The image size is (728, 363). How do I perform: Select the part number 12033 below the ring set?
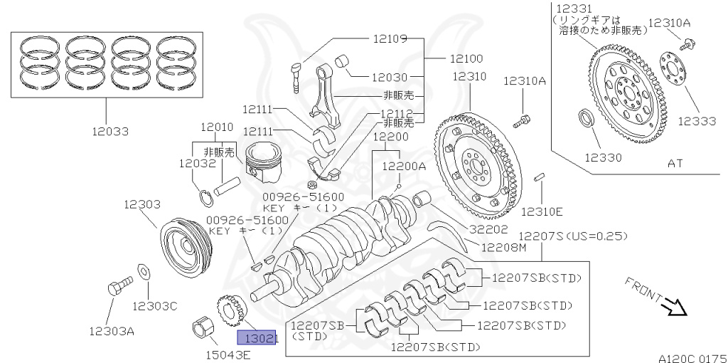[109, 132]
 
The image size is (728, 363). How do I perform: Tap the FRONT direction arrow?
[671, 305]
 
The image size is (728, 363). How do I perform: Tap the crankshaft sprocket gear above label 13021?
[230, 311]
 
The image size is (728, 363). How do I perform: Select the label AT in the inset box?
[675, 163]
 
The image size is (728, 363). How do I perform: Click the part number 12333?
[696, 121]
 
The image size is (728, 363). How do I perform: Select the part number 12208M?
[503, 248]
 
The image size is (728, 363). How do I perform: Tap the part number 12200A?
[405, 166]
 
